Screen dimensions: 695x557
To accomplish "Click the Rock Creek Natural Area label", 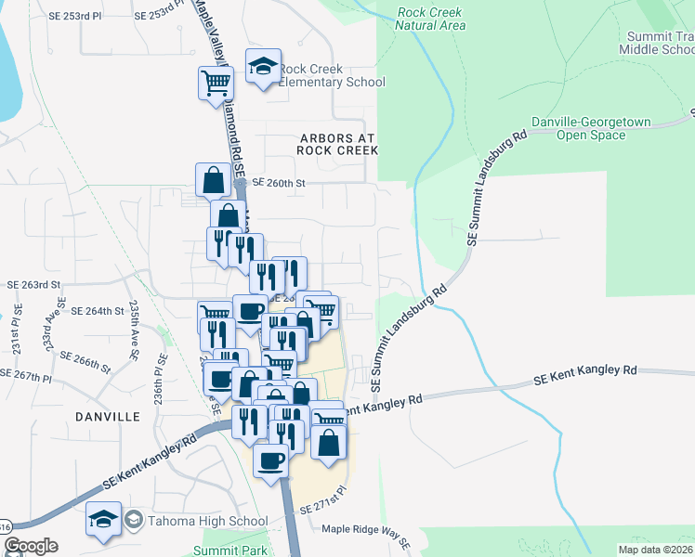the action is (430, 19).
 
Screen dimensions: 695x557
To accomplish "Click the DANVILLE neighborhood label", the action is (110, 417).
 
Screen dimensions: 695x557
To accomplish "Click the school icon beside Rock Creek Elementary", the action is (263, 67).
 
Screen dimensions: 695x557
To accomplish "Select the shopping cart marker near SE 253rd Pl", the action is (216, 84).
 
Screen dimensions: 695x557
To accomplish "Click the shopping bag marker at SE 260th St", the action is (213, 179).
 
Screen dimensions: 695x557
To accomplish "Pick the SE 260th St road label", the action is (279, 183).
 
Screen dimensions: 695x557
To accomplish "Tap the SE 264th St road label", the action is (98, 311).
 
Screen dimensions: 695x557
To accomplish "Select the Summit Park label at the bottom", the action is (217, 551).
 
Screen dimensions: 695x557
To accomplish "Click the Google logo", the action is (30, 546).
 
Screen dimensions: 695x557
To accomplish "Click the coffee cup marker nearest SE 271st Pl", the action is (271, 460).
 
